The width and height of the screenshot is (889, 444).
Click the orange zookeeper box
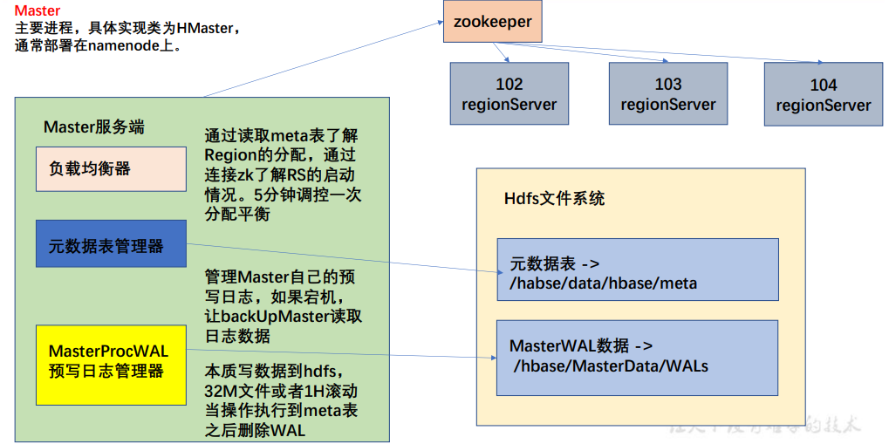point(487,23)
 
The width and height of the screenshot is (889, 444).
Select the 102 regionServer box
point(509,94)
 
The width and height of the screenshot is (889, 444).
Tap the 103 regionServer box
point(667,94)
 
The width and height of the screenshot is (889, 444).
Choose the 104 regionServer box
point(823,95)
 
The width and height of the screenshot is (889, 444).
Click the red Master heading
point(38,10)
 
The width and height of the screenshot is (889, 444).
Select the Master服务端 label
point(93,127)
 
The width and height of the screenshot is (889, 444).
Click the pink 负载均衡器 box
point(111,168)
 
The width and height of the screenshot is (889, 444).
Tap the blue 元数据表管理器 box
point(111,243)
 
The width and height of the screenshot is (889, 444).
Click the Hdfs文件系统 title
point(554,198)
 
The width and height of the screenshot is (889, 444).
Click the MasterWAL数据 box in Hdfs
point(637,356)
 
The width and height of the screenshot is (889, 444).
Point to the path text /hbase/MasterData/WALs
point(611,366)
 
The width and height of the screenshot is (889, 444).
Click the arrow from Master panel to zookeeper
point(323,59)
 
